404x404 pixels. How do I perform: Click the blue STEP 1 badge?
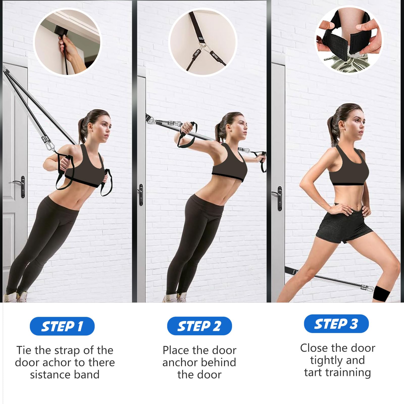(x=62, y=326)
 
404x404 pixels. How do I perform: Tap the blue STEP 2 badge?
(x=199, y=326)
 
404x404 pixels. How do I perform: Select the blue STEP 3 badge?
(x=336, y=324)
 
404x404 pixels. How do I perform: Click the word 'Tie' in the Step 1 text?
(x=24, y=350)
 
